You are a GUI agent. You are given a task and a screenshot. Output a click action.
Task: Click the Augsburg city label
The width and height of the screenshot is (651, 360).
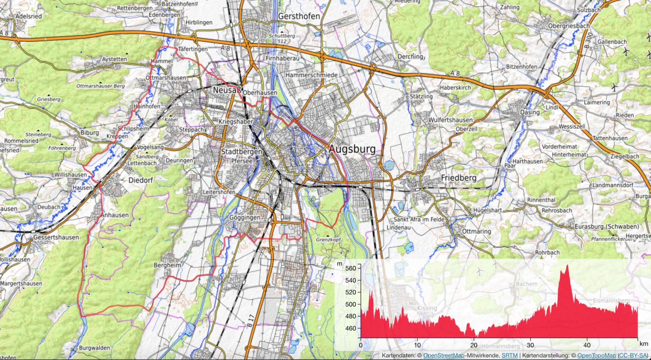click(352, 149)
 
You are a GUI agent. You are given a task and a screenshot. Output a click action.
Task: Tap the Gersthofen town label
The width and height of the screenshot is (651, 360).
click(299, 16)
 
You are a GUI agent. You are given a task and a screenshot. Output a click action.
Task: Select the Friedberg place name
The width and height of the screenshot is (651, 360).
click(458, 178)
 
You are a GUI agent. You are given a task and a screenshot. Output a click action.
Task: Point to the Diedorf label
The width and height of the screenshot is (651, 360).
click(141, 180)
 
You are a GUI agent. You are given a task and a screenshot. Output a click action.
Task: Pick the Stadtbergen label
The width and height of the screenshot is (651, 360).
click(242, 152)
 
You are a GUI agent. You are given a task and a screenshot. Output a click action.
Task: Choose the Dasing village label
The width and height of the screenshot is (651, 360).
click(530, 112)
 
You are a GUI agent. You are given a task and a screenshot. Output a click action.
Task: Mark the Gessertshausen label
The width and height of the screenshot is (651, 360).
click(56, 237)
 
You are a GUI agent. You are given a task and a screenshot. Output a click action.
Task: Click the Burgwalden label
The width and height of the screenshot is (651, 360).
click(94, 348)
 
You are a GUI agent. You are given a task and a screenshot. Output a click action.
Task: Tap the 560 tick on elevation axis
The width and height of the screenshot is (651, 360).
click(350, 268)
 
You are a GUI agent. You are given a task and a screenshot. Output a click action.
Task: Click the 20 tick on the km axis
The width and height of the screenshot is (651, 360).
click(473, 345)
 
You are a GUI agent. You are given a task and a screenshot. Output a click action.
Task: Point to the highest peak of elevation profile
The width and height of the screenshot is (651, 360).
click(566, 265)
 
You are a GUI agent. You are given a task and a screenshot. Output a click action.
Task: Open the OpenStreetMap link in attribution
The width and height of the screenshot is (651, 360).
click(447, 356)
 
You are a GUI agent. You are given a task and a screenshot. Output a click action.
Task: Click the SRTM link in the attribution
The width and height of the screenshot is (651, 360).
click(509, 356)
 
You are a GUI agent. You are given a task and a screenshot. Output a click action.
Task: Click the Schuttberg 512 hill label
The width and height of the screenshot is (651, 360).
click(282, 39)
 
